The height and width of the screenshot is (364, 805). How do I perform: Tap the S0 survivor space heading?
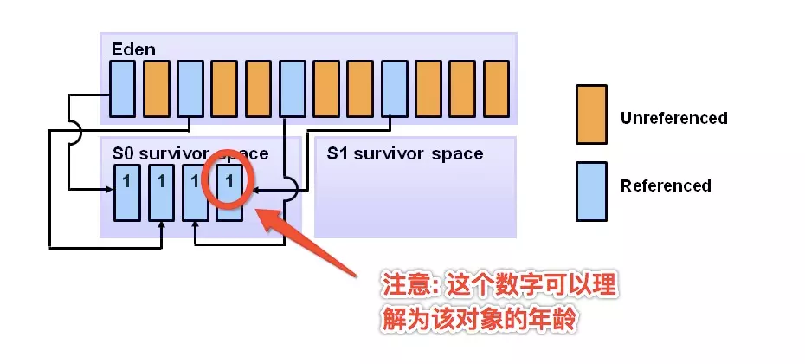tap(190, 153)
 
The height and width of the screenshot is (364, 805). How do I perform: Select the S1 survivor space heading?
tap(405, 153)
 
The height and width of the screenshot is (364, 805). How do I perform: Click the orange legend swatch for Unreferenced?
tap(592, 114)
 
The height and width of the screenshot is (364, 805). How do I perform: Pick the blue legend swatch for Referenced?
tap(592, 185)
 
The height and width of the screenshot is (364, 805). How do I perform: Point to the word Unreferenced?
tap(673, 118)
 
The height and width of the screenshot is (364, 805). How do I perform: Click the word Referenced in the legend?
tap(666, 185)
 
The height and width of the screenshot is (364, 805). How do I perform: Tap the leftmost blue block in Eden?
tap(122, 88)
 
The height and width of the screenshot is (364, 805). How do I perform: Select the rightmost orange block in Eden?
tap(496, 88)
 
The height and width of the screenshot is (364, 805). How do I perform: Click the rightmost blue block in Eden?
tap(394, 88)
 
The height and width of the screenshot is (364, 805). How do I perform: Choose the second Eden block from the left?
tap(156, 88)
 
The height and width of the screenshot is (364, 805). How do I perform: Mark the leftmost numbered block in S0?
tap(127, 190)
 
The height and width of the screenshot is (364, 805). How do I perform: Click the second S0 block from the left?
tap(161, 190)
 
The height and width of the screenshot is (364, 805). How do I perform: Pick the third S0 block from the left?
tap(195, 190)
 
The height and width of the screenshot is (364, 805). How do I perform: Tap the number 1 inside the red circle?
tap(229, 181)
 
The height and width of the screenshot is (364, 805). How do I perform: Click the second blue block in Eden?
tap(190, 88)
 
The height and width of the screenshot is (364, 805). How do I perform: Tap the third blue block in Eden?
tap(292, 88)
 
